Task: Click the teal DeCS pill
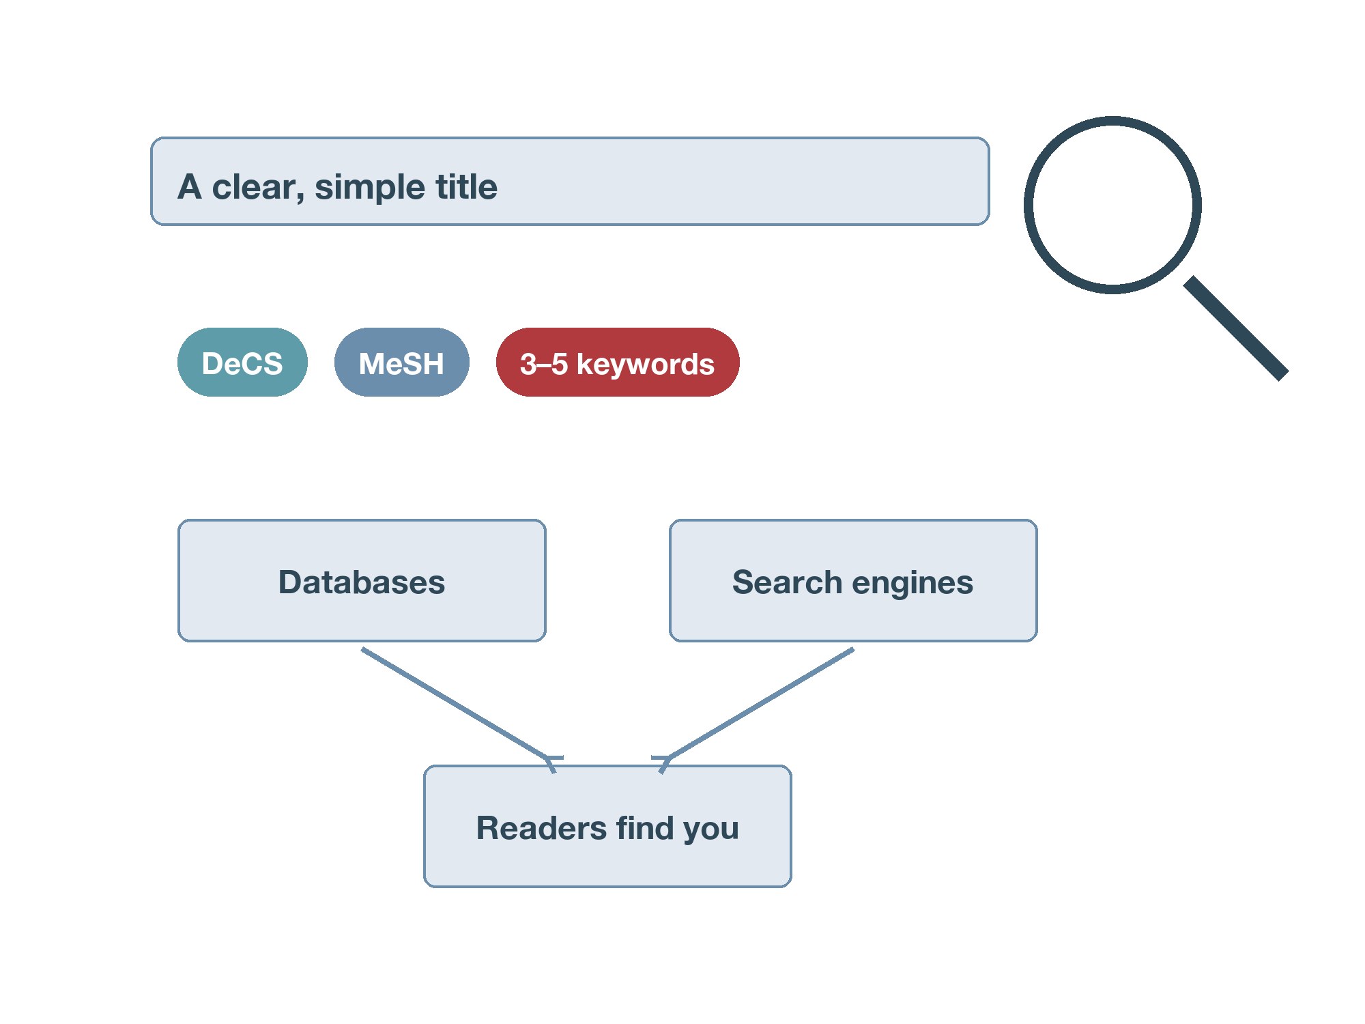242,362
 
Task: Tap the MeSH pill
402,362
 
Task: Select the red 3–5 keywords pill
618,362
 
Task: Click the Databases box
362,581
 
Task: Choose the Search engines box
853,581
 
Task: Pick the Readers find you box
607,827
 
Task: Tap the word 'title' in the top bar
467,186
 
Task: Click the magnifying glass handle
1235,328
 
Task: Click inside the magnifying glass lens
1112,205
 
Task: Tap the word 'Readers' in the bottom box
541,828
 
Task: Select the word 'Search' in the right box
787,582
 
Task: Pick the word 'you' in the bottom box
711,831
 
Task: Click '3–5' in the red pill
544,364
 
